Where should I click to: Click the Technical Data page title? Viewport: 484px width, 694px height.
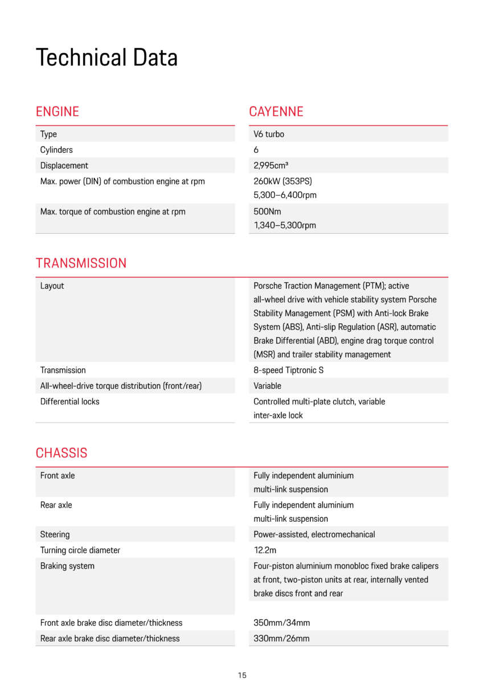[x=106, y=58]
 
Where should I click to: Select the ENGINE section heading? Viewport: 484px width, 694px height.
[x=57, y=112]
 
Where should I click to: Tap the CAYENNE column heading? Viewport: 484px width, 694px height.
[x=276, y=112]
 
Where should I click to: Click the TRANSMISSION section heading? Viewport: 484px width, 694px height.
[x=81, y=263]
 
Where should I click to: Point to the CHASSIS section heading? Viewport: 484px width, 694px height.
[x=61, y=453]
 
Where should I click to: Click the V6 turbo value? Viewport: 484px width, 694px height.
[x=269, y=135]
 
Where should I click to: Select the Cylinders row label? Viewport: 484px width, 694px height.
[x=56, y=150]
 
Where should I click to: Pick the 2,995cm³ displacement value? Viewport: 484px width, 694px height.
[x=270, y=166]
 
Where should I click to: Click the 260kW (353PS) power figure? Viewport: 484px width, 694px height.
[x=282, y=181]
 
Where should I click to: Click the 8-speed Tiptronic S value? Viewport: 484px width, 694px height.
[x=288, y=370]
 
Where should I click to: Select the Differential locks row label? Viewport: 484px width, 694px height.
[x=69, y=401]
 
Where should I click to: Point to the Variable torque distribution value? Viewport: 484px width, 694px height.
[x=267, y=386]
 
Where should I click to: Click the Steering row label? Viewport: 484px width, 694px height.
[x=55, y=535]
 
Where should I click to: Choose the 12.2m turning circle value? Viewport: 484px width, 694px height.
[x=265, y=550]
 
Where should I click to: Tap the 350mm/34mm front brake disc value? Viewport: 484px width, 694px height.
[x=281, y=623]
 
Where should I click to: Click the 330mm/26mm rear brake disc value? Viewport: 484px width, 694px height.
[x=281, y=639]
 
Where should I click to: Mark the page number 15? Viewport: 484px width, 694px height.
[x=242, y=676]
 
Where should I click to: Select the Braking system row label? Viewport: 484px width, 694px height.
[x=67, y=566]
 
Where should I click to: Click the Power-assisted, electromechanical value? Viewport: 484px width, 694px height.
[x=314, y=535]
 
